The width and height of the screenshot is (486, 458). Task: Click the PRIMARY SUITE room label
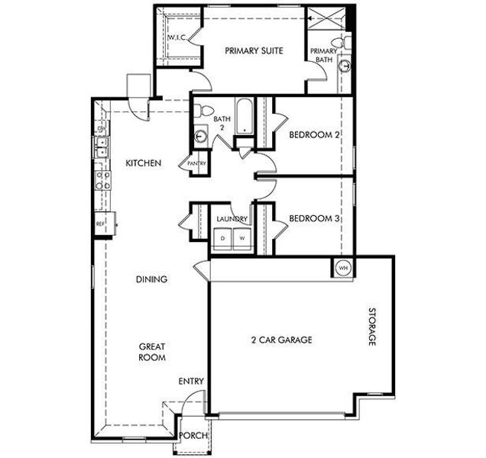click(254, 51)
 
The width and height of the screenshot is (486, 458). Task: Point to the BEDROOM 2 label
click(314, 136)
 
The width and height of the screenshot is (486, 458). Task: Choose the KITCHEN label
click(143, 163)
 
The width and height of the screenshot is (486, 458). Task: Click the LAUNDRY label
click(232, 219)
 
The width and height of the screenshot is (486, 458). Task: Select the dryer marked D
click(223, 238)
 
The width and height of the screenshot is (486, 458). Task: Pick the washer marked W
click(241, 238)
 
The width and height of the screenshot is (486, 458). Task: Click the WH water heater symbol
click(342, 268)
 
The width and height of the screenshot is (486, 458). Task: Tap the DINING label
click(151, 279)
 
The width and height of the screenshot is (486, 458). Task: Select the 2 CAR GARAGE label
click(281, 340)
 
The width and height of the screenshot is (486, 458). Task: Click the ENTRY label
click(190, 381)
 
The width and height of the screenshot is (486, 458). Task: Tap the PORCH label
click(190, 436)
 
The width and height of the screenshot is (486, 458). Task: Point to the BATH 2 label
click(222, 123)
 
